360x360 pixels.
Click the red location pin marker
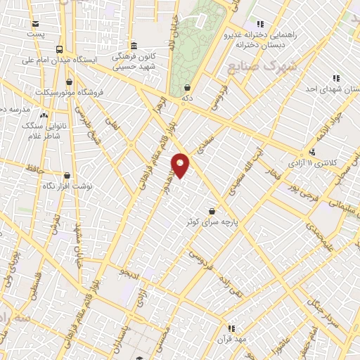[x=181, y=165]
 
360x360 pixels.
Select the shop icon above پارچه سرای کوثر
[x=212, y=211]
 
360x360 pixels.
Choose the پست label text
[x=34, y=33]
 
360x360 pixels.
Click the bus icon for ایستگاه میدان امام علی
[x=59, y=49]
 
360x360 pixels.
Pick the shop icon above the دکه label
[x=187, y=88]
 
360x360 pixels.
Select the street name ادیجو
[x=131, y=271]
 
